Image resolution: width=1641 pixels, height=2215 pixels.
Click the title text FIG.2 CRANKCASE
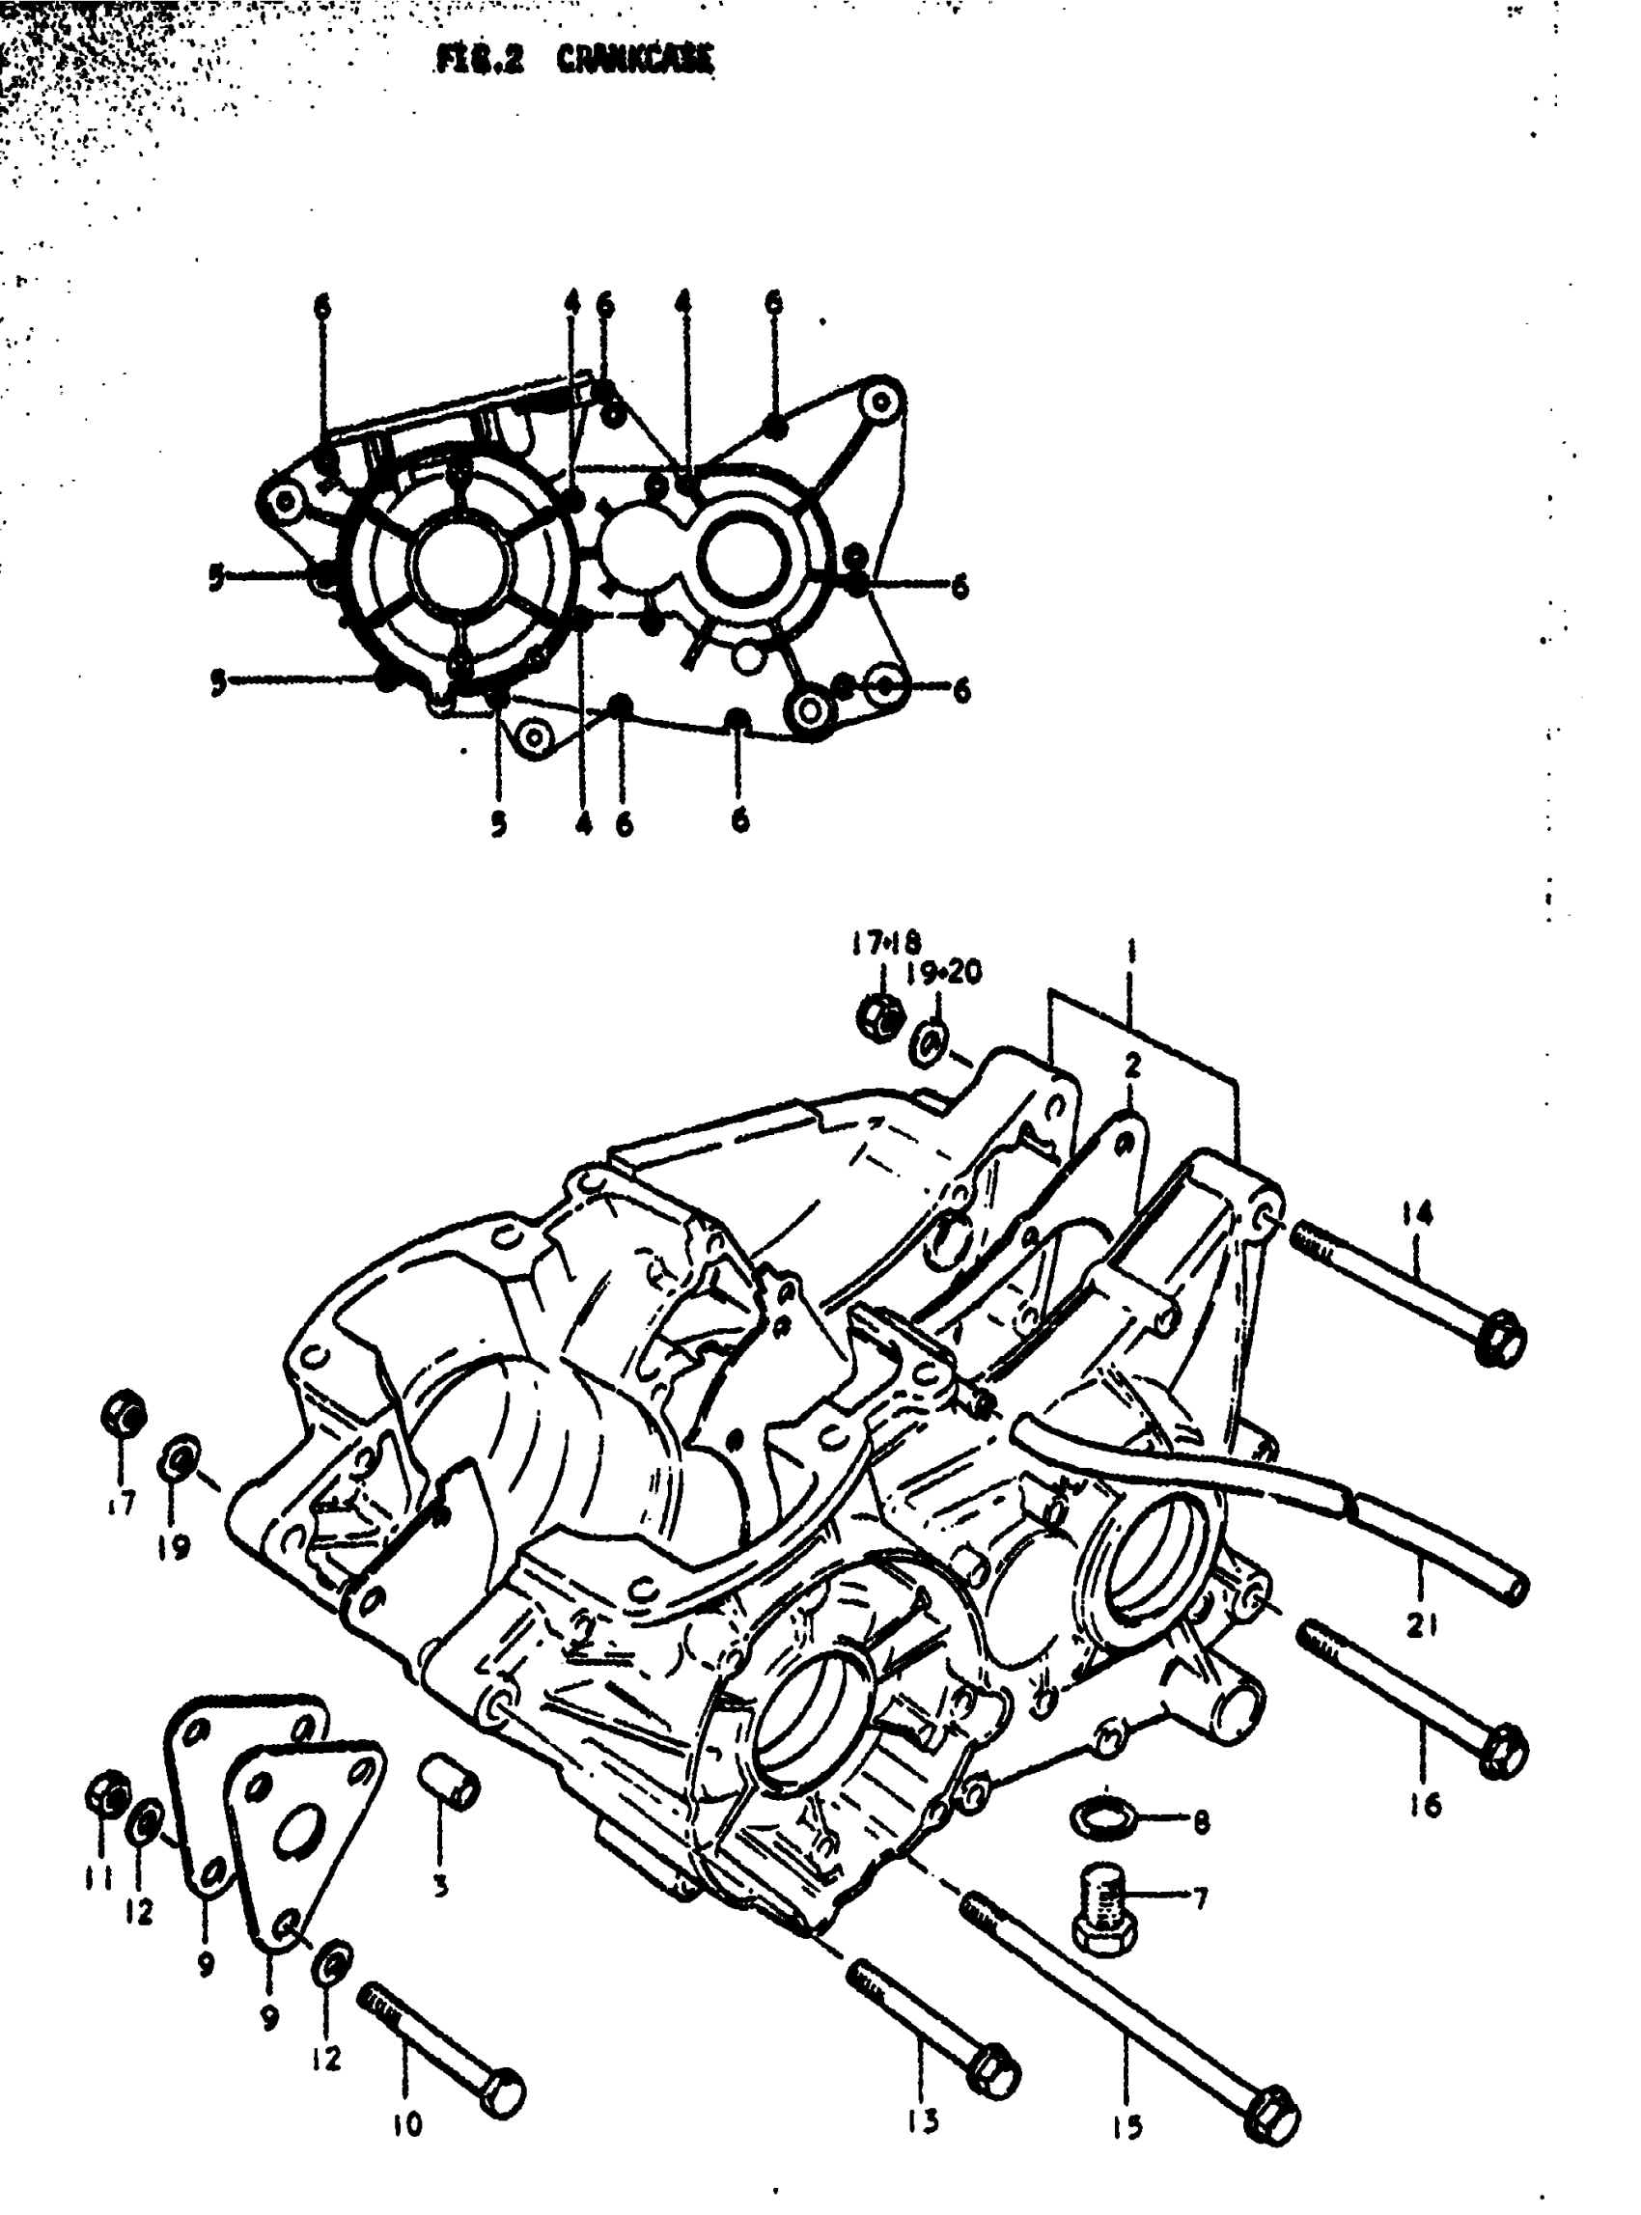click(x=574, y=62)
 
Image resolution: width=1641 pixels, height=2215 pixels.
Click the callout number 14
click(x=1417, y=1213)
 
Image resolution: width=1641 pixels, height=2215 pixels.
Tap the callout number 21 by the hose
click(x=1422, y=1626)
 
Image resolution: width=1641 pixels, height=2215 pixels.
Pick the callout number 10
click(x=407, y=2122)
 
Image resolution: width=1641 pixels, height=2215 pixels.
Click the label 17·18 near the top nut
click(x=885, y=942)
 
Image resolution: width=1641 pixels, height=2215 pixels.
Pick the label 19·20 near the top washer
click(x=944, y=972)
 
